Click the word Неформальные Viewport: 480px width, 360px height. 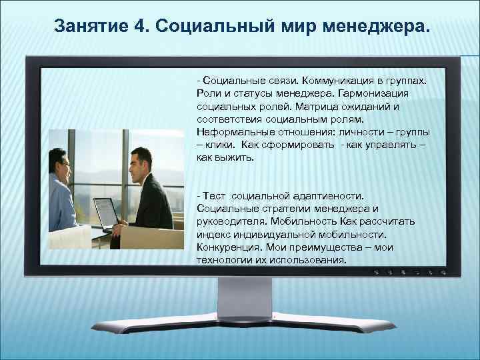(229, 132)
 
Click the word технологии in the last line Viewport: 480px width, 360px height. (223, 260)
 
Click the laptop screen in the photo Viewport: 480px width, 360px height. (105, 213)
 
